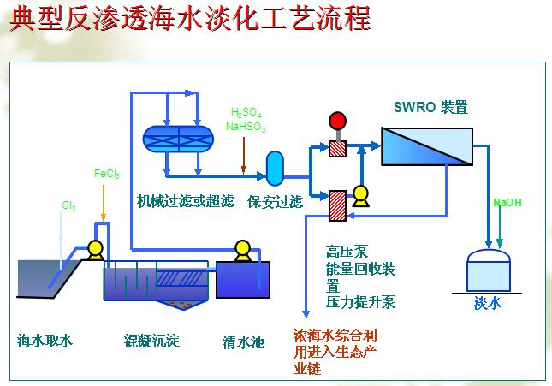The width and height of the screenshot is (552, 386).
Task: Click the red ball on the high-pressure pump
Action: pyautogui.click(x=337, y=121)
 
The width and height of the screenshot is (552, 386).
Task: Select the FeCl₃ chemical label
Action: pyautogui.click(x=107, y=174)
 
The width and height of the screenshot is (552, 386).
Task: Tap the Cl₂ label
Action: pyautogui.click(x=68, y=205)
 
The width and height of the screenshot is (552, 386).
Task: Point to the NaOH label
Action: pyautogui.click(x=507, y=203)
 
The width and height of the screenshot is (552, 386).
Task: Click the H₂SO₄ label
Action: pyautogui.click(x=246, y=113)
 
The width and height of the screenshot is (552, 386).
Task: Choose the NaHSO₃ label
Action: pyautogui.click(x=246, y=127)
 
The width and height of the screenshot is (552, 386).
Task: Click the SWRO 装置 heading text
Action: pyautogui.click(x=430, y=107)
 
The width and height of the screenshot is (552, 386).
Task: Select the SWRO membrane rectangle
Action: pyautogui.click(x=427, y=146)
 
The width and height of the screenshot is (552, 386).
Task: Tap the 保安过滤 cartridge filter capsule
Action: pyautogui.click(x=275, y=169)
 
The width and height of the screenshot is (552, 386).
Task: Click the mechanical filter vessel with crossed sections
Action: pyautogui.click(x=178, y=139)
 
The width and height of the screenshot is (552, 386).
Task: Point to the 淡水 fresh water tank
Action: pyautogui.click(x=489, y=270)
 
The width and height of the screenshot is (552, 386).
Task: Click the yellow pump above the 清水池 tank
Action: pyautogui.click(x=242, y=251)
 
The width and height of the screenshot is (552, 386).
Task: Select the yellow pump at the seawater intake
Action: pyautogui.click(x=95, y=250)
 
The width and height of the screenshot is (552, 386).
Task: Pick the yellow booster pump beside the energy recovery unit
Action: pyautogui.click(x=360, y=196)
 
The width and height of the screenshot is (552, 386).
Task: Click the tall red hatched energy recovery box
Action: pyautogui.click(x=337, y=205)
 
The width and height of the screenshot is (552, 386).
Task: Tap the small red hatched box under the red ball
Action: pyautogui.click(x=337, y=149)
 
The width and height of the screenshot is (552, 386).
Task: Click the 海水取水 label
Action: pyautogui.click(x=45, y=341)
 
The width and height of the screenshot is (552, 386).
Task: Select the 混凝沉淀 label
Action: pyautogui.click(x=151, y=341)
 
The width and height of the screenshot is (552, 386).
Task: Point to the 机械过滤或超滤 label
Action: pyautogui.click(x=186, y=201)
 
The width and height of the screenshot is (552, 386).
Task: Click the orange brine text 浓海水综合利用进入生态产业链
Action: pyautogui.click(x=335, y=352)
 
